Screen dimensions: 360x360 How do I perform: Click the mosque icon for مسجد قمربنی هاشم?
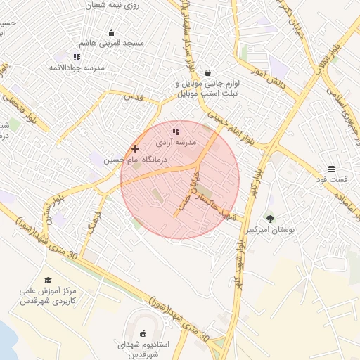click(111, 32)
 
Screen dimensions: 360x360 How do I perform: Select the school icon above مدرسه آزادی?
click(176, 131)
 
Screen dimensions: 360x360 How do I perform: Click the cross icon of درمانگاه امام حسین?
click(135, 148)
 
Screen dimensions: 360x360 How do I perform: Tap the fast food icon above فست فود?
click(331, 169)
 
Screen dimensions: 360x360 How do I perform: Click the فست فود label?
click(331, 180)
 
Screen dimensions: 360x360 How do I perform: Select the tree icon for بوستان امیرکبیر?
click(271, 219)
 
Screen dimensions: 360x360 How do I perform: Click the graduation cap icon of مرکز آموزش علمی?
click(48, 280)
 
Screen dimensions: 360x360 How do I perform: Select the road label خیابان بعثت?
click(184, 188)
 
